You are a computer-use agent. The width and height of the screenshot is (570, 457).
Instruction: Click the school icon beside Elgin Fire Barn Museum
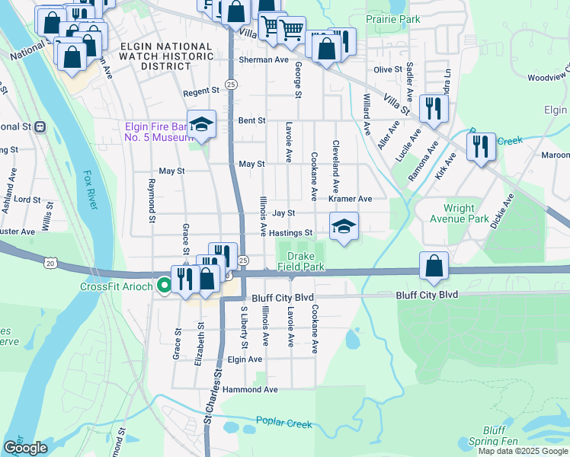(x=202, y=124)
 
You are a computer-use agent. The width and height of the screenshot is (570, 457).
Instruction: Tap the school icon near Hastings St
(x=344, y=226)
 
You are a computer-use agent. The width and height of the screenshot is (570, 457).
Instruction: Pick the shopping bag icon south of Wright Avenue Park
(x=434, y=267)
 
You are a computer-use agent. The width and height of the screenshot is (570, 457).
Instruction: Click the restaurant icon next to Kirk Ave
(x=481, y=146)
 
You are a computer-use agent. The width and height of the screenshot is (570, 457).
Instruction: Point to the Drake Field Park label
(x=306, y=261)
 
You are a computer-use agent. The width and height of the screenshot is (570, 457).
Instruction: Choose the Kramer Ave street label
(x=350, y=198)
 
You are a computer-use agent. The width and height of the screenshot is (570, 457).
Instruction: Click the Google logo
(x=25, y=448)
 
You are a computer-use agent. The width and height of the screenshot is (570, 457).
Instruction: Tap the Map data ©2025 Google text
(x=523, y=451)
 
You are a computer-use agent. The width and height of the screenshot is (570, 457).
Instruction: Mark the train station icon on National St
(x=40, y=126)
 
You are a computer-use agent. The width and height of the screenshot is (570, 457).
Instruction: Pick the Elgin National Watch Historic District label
(x=166, y=56)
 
